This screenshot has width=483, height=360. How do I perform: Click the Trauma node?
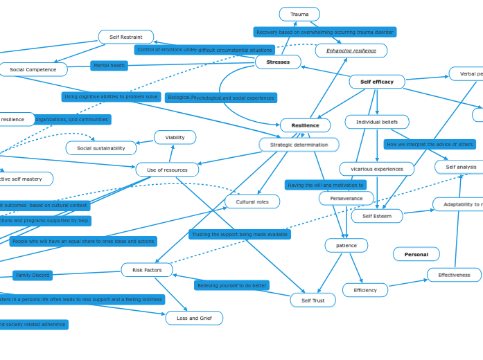click(299, 15)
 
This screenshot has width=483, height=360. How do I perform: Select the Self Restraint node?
click(126, 37)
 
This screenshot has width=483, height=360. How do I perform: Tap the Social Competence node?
click(33, 70)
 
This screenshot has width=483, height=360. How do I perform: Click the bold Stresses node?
click(278, 62)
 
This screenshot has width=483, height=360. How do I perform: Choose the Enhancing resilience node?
click(351, 51)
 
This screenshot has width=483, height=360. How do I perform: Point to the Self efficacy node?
click(377, 82)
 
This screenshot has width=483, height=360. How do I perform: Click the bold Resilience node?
click(305, 125)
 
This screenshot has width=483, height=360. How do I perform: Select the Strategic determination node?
click(299, 145)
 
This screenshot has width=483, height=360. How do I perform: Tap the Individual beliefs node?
click(377, 122)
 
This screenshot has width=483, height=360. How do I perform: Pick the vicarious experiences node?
click(377, 169)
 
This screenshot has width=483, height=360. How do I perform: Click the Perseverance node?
click(346, 199)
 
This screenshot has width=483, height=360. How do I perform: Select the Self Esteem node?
click(377, 216)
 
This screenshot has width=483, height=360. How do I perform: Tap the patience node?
click(346, 246)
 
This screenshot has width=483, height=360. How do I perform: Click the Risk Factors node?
click(147, 270)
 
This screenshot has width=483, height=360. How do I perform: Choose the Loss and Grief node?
click(194, 318)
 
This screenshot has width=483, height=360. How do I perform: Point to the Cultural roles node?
click(252, 201)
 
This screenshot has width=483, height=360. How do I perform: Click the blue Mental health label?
click(109, 66)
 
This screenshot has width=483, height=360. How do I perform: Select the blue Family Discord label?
click(33, 276)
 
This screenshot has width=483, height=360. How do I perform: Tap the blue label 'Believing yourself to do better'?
click(231, 285)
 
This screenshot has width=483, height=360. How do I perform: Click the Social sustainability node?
click(101, 148)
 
